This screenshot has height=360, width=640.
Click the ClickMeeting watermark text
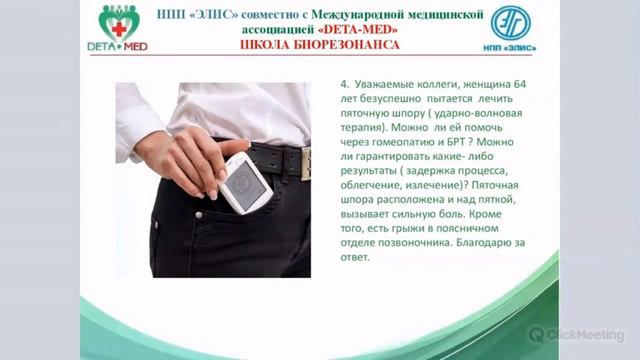tap(589, 334)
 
